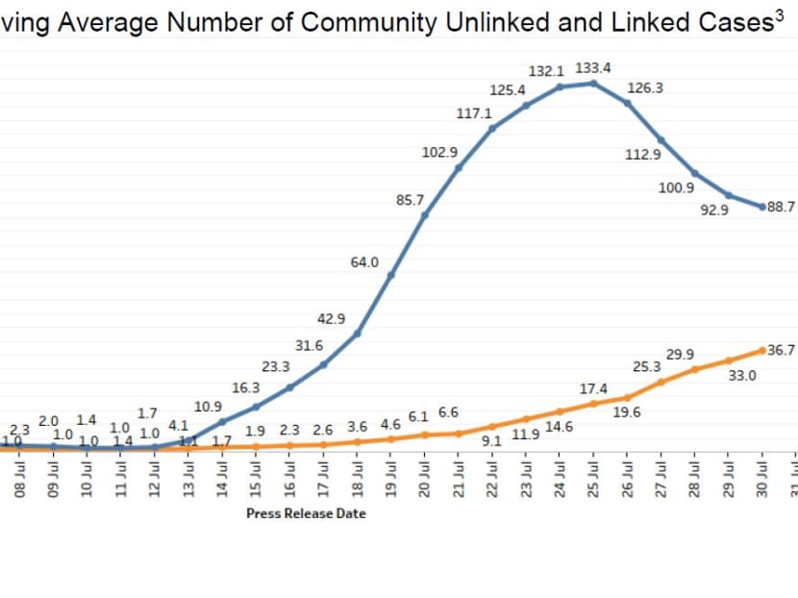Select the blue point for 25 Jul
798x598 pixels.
point(594,84)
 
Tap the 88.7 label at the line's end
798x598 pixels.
point(782,207)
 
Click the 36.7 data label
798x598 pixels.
point(782,350)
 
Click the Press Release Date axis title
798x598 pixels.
point(306,513)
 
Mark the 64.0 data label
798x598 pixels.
point(364,262)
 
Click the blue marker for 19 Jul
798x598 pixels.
point(391,275)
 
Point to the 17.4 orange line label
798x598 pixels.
point(593,388)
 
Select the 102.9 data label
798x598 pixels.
point(439,152)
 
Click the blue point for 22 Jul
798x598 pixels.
point(492,127)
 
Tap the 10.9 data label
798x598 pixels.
point(209,407)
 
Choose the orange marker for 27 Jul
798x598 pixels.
point(661,382)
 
